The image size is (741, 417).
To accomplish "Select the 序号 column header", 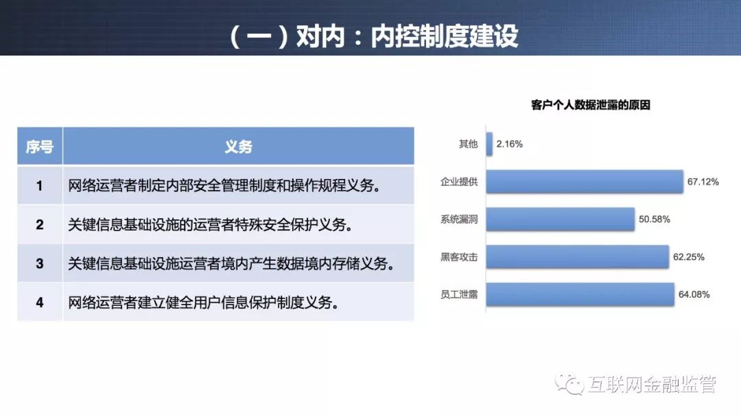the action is pos(40,146).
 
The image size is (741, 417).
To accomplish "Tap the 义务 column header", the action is pos(239,146).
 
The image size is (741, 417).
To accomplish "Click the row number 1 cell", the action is pos(40,186).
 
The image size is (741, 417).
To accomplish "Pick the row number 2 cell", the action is pos(40,224).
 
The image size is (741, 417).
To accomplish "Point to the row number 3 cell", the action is pos(40,263).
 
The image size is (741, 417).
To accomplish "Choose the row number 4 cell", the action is pos(40,302).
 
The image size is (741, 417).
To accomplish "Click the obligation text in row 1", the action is pos(225,186).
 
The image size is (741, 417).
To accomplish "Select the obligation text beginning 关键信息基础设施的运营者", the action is pos(211,225).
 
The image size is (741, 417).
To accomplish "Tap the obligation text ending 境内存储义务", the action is pos(232,263).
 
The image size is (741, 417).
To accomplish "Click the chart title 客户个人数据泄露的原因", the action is pos(590,105).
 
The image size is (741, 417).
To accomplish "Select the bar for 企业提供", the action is pos(585,182).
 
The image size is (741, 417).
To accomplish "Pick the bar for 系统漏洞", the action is pos(560,219).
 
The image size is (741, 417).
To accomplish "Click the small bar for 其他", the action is pos(489,144).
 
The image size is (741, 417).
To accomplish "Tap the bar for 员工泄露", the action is pos(580,294).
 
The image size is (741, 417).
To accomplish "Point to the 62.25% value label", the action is pos(689,257).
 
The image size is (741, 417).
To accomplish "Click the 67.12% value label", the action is pos(703,182).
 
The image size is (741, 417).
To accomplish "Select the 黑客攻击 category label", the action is pos(459,257).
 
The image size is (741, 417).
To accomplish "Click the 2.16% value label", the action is pos(509,144).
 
